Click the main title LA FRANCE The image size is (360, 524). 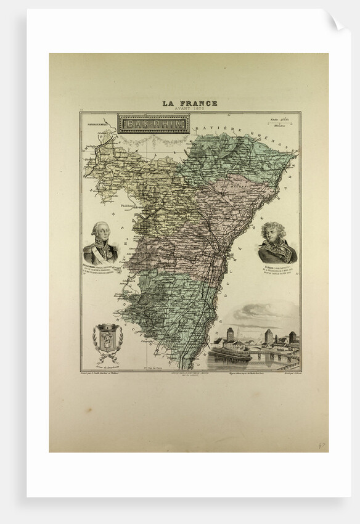tap(189, 103)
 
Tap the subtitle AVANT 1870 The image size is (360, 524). tap(189, 108)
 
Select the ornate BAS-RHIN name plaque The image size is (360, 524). tap(145, 124)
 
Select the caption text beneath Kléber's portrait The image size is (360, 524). tap(277, 271)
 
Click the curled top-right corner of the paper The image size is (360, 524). tap(336, 23)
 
